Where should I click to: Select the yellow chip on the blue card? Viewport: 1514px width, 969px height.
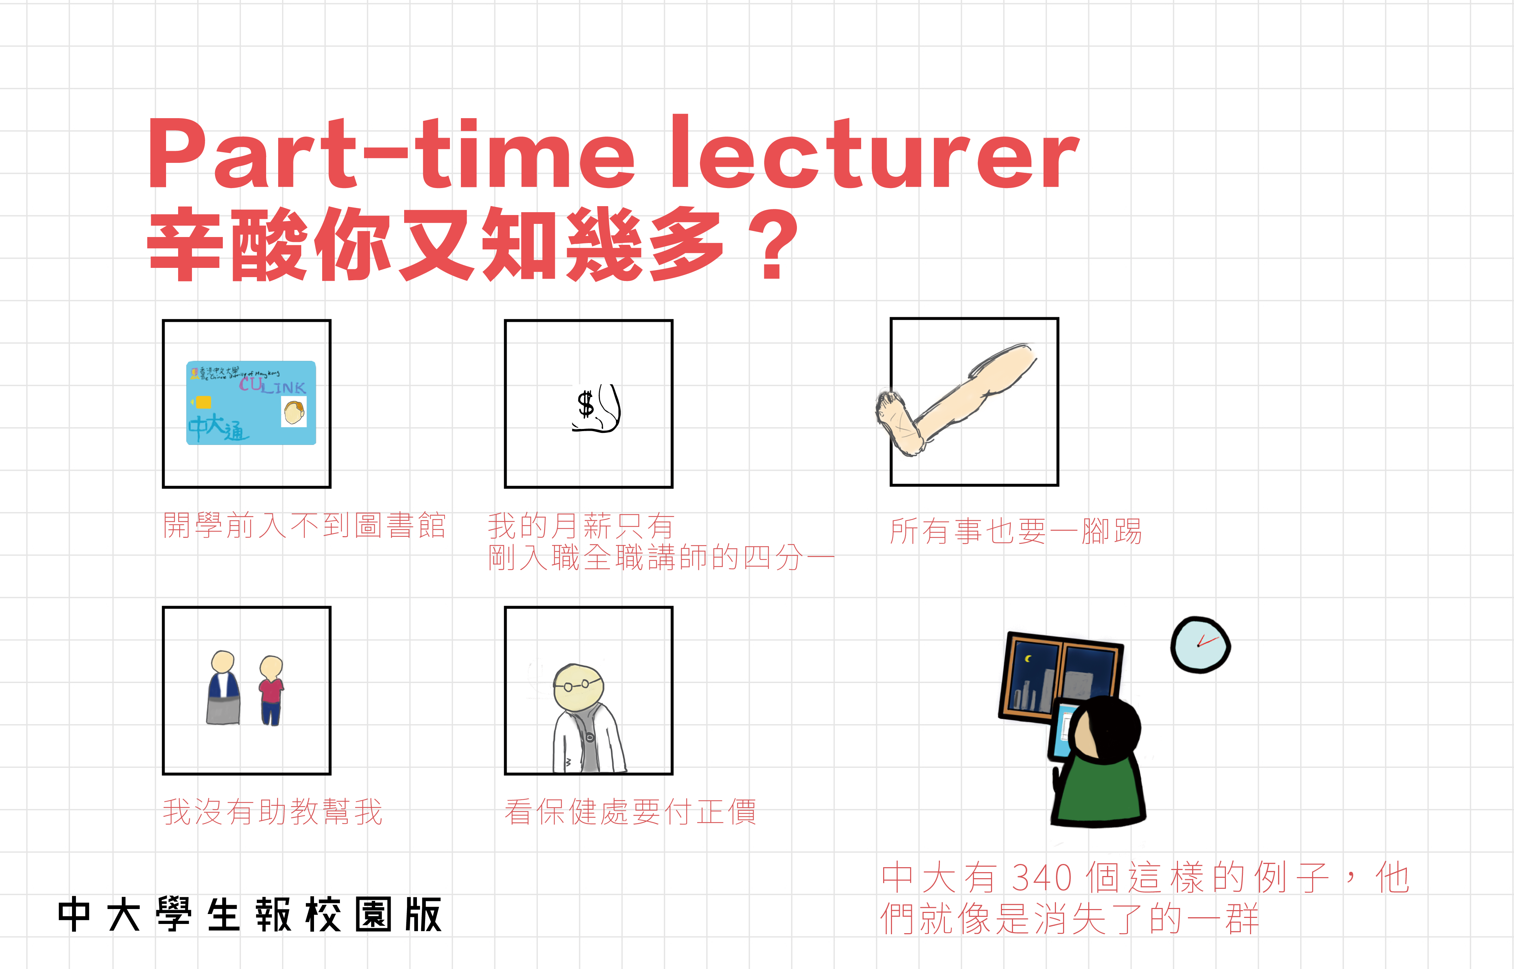[x=203, y=402]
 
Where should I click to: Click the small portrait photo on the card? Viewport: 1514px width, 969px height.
[x=294, y=413]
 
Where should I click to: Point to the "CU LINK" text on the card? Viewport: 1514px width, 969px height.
[x=272, y=385]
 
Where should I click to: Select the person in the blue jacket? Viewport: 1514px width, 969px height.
[x=224, y=688]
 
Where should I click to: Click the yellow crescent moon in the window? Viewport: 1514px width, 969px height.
[x=1028, y=659]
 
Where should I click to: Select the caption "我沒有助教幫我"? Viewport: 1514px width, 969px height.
[x=272, y=812]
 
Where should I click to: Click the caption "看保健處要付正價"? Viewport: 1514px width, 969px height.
[x=630, y=812]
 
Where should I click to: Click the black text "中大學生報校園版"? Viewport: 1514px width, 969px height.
[x=250, y=914]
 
